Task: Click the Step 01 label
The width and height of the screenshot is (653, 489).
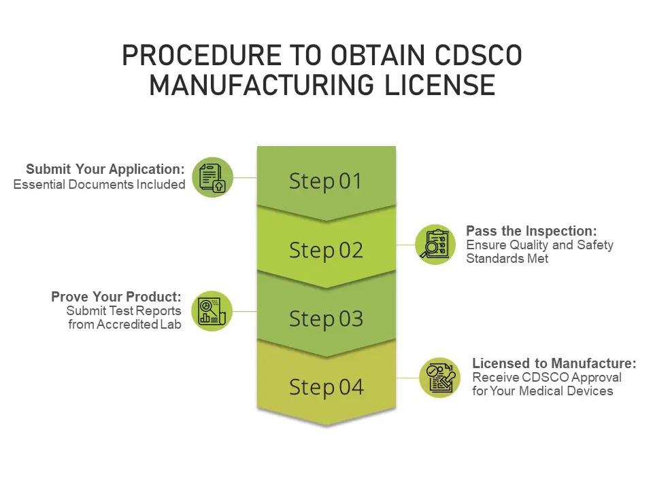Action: pos(326,181)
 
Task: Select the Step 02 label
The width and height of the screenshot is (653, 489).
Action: pos(326,250)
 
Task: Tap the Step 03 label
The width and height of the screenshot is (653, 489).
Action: pos(326,319)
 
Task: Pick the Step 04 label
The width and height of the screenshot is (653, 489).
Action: pos(326,387)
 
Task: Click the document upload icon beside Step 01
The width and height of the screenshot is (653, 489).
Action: pos(212,177)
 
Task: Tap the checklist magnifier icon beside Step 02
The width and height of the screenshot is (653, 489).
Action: pos(435,244)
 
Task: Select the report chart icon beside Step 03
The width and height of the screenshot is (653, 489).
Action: pos(212,311)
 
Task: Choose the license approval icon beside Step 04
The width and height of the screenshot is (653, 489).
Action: pos(440,378)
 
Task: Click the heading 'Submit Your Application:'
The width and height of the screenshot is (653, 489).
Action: pos(105,169)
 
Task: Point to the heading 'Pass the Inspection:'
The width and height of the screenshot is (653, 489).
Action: pos(531,231)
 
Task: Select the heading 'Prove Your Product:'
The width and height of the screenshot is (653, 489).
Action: pos(116,297)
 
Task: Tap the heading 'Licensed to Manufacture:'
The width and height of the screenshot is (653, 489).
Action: pos(554,363)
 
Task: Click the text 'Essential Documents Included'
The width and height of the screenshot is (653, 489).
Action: pos(99,185)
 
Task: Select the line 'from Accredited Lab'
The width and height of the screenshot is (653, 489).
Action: pos(124,325)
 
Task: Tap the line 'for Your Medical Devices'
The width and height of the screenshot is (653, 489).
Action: pos(542,391)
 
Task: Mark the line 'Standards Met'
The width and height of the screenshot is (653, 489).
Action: pos(507,259)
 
